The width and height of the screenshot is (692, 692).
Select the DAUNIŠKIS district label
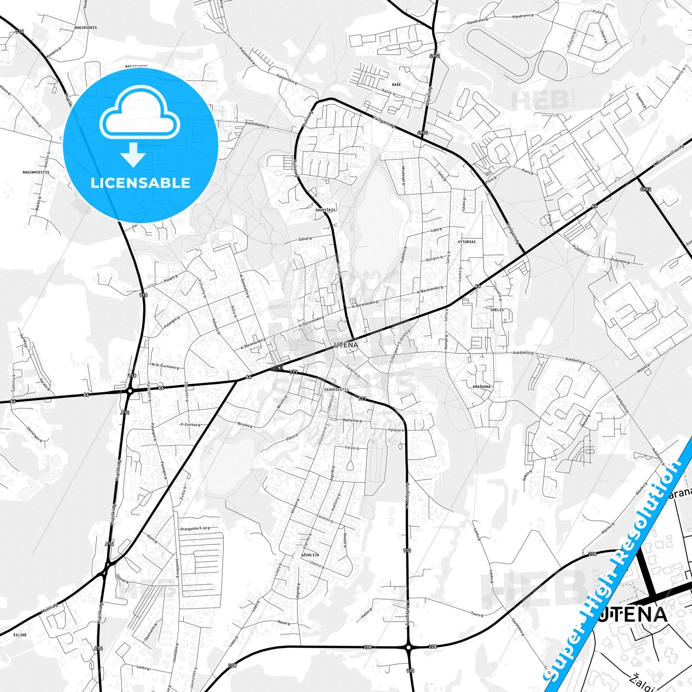326,210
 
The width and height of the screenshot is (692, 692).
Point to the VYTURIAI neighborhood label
466,242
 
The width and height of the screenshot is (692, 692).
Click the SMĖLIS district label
497,310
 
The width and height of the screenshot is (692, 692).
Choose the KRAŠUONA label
481,386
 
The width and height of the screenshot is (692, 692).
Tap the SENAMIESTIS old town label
336,390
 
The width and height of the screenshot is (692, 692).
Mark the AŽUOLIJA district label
310,555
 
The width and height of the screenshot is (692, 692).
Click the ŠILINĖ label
20,635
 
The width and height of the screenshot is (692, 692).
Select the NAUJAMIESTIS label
35,172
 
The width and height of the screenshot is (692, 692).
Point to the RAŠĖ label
396,84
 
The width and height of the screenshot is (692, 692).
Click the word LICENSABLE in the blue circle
140,183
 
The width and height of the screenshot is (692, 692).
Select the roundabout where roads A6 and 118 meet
130,391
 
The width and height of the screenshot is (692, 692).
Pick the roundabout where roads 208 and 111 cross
408,647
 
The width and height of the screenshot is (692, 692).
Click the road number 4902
645,190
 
